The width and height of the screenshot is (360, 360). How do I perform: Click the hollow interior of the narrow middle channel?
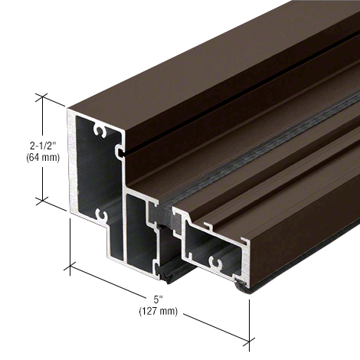coord(140,230)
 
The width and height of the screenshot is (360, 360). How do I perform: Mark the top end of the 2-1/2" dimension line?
coord(41,97)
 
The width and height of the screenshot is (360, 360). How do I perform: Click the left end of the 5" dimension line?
coord(71,267)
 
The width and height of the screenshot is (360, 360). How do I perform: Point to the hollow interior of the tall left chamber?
coord(92,176)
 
